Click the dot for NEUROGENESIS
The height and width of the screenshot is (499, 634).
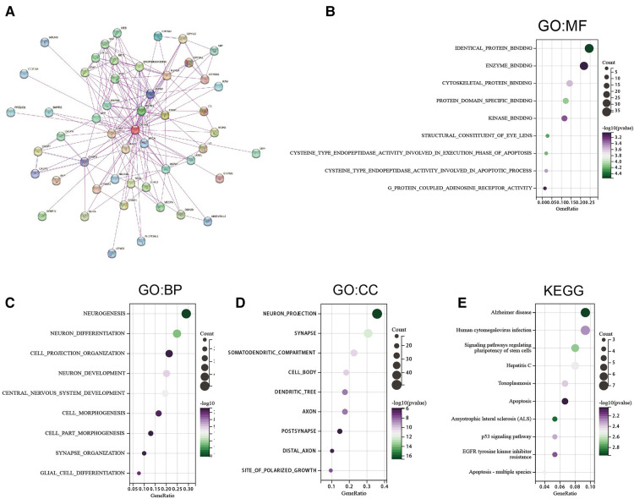[x=186, y=314]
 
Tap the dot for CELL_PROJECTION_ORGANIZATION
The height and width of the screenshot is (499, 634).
[x=169, y=354]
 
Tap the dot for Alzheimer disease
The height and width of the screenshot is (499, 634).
[x=586, y=312]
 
